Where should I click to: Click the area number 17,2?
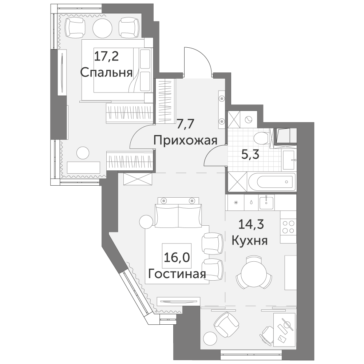[x=107, y=56]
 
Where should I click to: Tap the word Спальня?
[x=107, y=73]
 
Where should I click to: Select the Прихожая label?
[x=185, y=141]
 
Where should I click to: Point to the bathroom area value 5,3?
[x=250, y=155]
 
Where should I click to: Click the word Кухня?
[x=250, y=241]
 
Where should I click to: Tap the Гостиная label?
[x=177, y=274]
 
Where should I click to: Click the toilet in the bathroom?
[x=261, y=139]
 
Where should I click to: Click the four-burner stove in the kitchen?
[x=288, y=227]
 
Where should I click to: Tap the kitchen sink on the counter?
[x=266, y=202]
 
